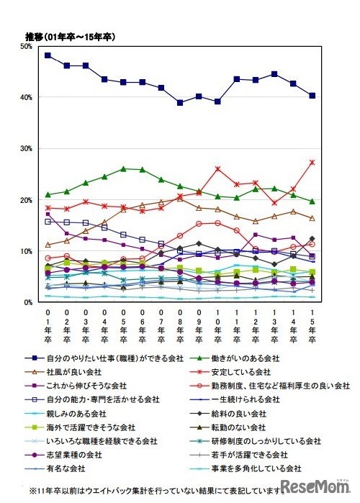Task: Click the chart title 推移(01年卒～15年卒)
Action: point(70,36)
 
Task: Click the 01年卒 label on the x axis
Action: point(48,328)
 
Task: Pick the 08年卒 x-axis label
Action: point(179,328)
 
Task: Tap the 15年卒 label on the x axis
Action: point(311,328)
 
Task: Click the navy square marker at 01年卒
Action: point(48,55)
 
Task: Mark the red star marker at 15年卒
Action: point(311,162)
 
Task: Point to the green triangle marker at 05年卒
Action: point(123,168)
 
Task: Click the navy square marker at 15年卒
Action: point(311,96)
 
